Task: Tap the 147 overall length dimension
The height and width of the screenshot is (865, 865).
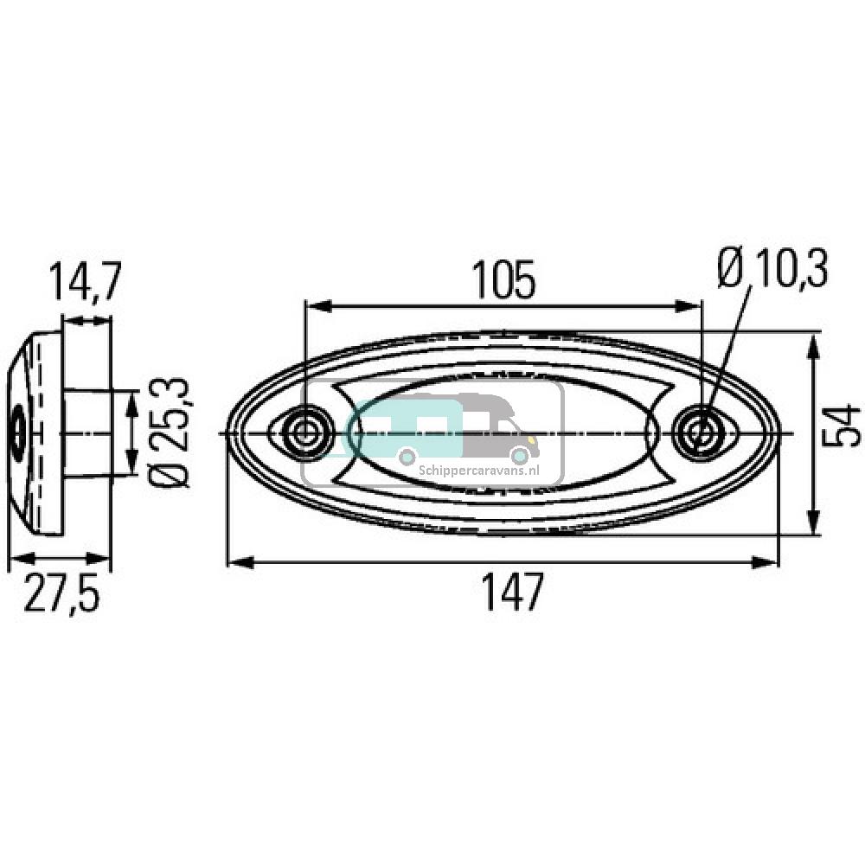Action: click(514, 593)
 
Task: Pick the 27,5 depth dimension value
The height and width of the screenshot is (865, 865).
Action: click(61, 595)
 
